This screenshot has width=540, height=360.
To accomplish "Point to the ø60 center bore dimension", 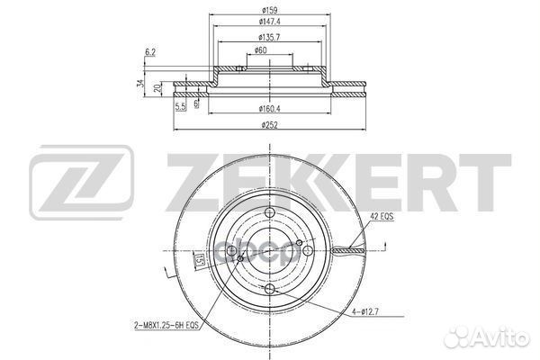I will tap(260, 50).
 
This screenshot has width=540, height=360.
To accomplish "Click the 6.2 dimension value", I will tap(148, 54).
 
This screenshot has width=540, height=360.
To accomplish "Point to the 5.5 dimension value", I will tap(181, 107).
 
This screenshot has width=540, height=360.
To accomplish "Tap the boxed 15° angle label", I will tap(197, 261).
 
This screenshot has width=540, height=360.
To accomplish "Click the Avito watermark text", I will tap(500, 341).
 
